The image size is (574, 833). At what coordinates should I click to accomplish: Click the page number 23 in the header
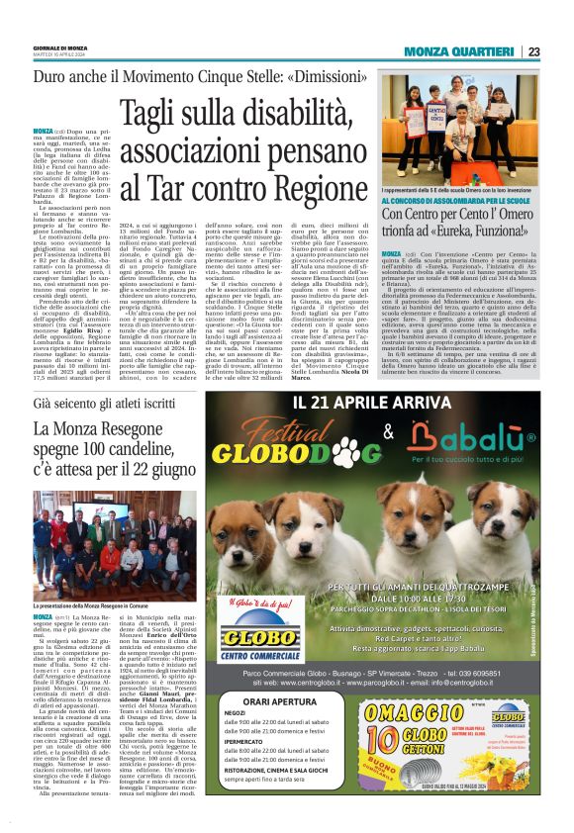point(533,51)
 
